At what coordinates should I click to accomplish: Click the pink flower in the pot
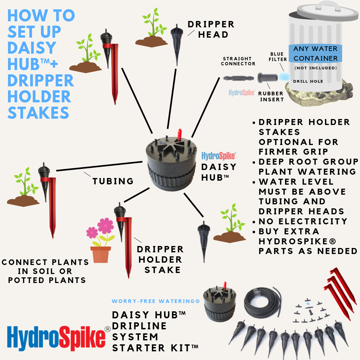click(105, 226)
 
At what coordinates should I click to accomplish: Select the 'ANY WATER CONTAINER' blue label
click(315, 53)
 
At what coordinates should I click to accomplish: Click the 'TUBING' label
click(113, 181)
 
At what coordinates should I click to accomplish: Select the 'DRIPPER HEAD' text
click(211, 29)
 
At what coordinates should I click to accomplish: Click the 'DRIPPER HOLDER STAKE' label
click(160, 259)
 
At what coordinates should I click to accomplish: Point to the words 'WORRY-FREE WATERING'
click(155, 301)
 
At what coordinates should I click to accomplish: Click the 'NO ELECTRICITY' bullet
click(303, 221)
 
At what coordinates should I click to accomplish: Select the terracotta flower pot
click(100, 255)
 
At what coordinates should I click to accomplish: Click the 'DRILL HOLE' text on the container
click(308, 81)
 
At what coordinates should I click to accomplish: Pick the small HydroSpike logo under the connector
click(242, 93)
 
